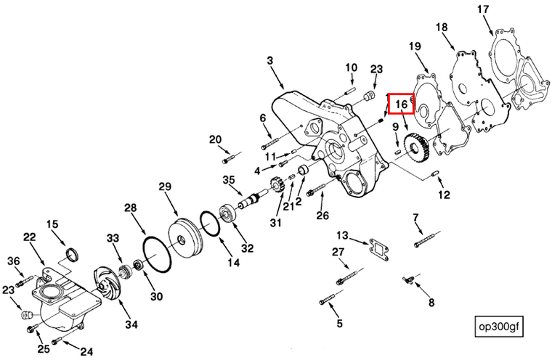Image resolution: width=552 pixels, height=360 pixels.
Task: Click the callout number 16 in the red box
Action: (x=401, y=105)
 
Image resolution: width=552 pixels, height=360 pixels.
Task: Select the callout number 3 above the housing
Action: (x=270, y=62)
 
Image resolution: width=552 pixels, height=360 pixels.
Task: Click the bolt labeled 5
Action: (x=328, y=297)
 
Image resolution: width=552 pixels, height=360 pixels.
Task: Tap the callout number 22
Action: (x=30, y=238)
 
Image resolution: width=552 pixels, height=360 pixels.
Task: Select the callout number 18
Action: (x=442, y=28)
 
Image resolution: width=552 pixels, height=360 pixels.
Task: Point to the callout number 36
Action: (x=13, y=261)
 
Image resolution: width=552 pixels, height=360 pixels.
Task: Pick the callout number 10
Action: (x=351, y=67)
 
